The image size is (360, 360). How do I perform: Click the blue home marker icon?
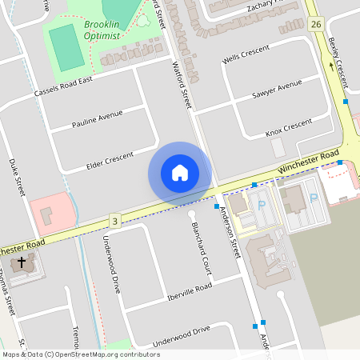[x=180, y=172]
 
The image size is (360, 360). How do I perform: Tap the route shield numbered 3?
[x=115, y=220]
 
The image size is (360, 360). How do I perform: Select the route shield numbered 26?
[x=315, y=24]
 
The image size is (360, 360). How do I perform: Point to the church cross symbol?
[x=22, y=262]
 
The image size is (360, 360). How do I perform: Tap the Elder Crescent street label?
[x=120, y=159]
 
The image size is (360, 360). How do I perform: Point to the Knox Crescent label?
[x=288, y=126]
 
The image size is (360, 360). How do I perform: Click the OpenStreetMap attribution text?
[x=80, y=354]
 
